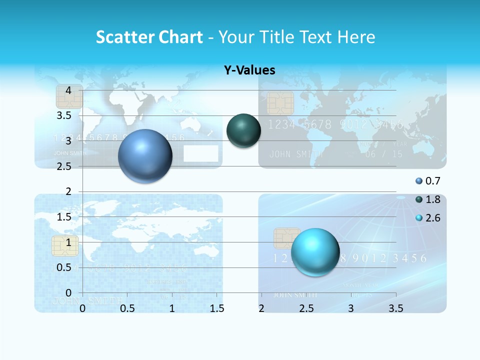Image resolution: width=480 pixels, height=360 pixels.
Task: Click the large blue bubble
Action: [x=145, y=156]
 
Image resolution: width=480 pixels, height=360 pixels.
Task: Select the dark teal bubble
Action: [x=243, y=131]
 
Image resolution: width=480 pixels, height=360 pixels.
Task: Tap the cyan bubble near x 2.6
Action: [x=315, y=252]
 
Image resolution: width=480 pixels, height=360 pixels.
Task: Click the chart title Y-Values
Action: [x=249, y=70]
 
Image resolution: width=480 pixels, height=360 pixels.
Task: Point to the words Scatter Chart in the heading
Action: [x=149, y=37]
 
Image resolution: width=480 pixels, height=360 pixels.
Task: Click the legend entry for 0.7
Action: [x=428, y=181]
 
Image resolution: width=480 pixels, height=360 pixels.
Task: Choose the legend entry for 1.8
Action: [x=428, y=199]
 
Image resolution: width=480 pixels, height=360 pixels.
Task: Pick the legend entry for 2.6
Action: [x=428, y=218]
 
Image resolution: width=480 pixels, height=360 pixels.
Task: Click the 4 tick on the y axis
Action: [x=68, y=90]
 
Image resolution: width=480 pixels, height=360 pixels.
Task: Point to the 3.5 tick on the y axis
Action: [x=64, y=115]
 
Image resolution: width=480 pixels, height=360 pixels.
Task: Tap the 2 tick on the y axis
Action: [x=68, y=191]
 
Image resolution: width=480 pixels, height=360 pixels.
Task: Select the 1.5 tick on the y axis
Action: [x=64, y=216]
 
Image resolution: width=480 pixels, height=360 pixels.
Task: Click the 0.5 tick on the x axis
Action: [x=127, y=308]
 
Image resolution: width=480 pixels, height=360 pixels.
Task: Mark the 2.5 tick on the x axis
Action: [x=306, y=308]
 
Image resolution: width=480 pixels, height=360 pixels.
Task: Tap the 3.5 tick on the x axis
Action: [x=395, y=308]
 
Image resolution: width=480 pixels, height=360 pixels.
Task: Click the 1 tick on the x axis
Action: [x=172, y=308]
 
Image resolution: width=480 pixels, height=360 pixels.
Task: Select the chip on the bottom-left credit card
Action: [x=65, y=246]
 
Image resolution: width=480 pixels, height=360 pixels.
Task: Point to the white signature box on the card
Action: [x=201, y=153]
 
